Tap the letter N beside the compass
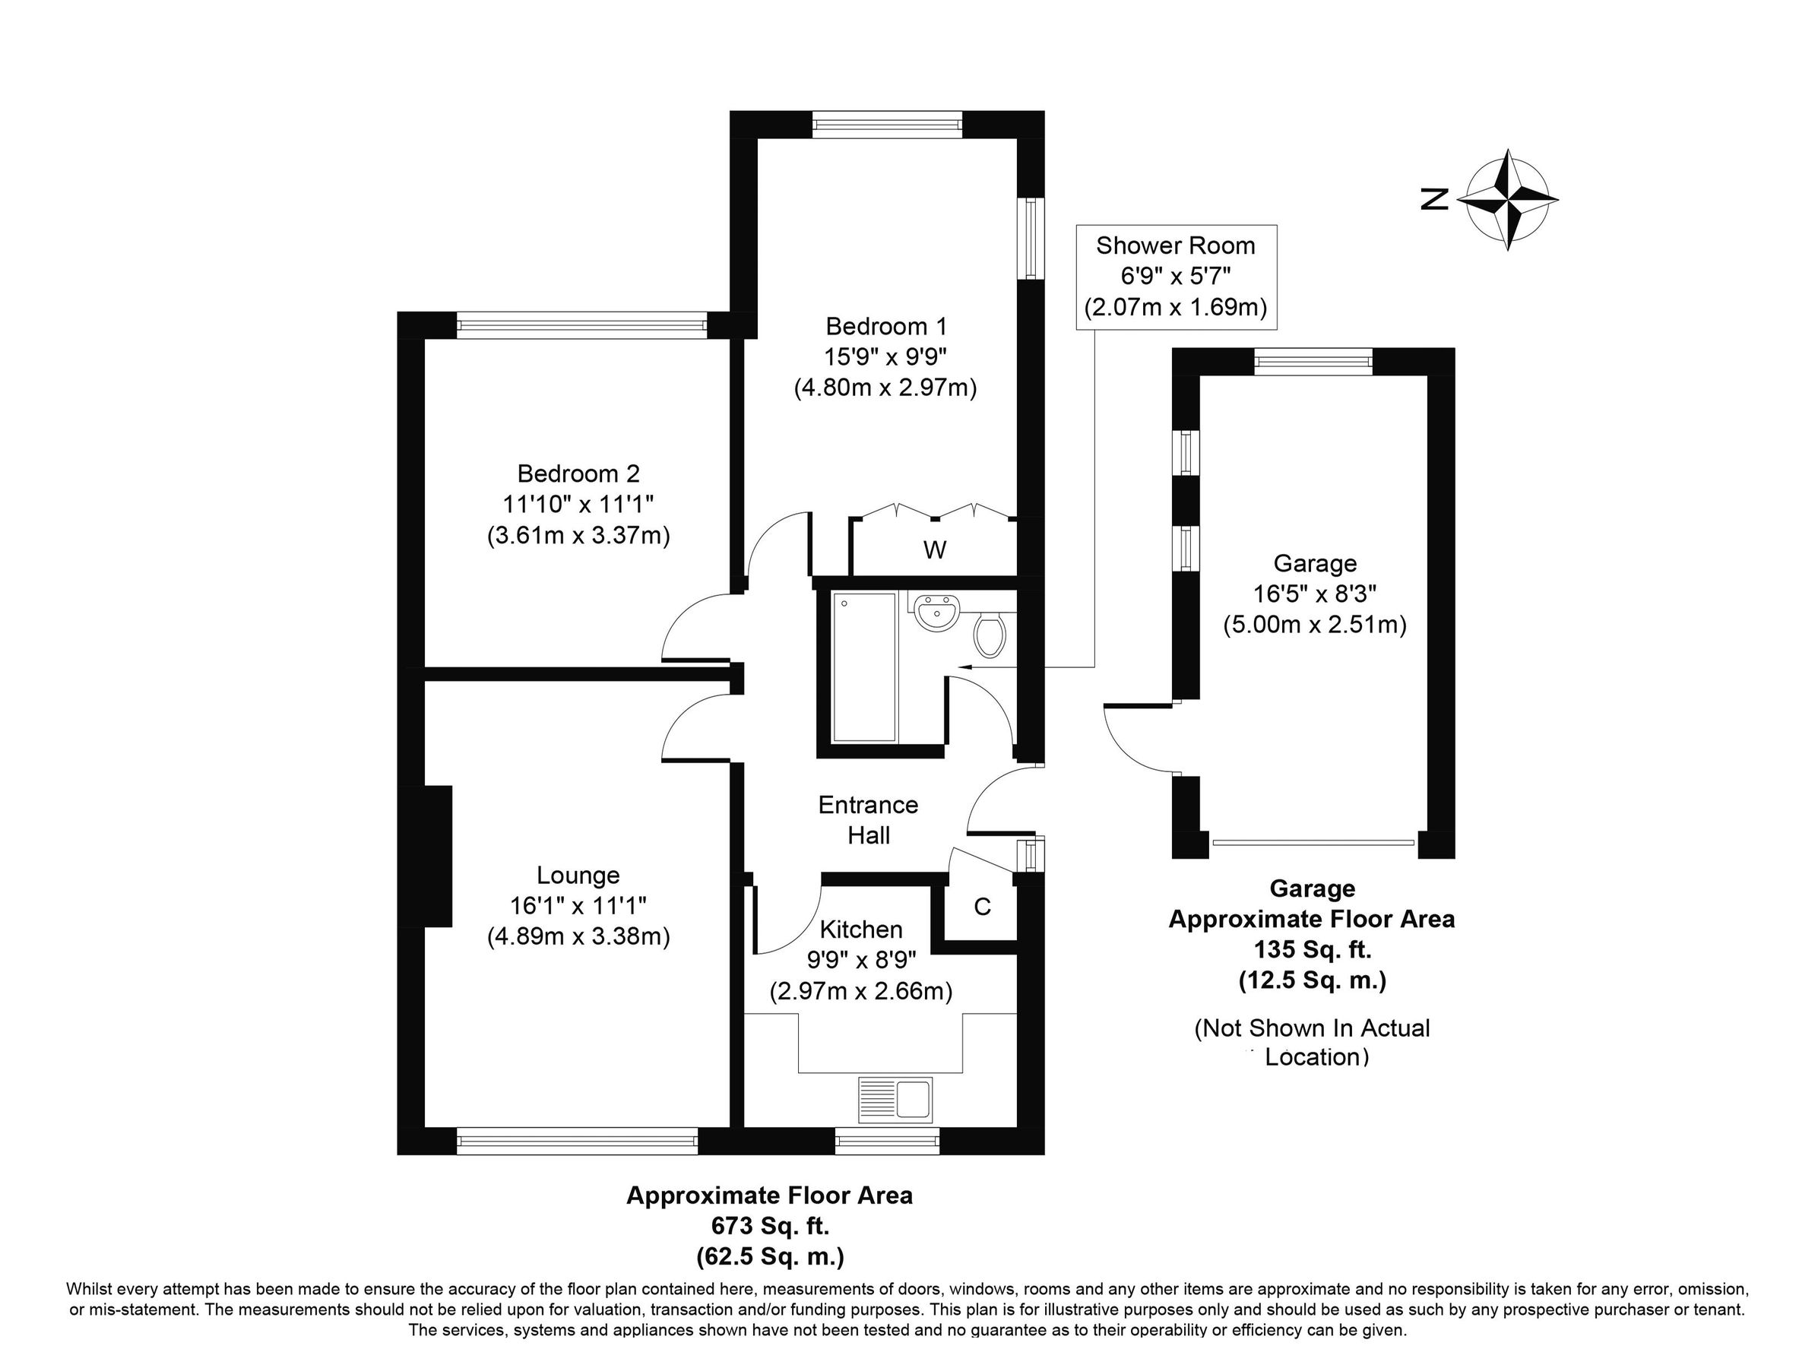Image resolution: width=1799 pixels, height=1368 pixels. click(1435, 199)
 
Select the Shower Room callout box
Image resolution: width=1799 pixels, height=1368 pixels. click(1175, 277)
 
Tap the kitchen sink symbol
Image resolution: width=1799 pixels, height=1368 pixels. click(895, 1098)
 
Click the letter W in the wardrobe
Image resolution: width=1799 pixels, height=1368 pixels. click(934, 550)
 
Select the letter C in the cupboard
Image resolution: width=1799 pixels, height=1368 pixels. click(982, 906)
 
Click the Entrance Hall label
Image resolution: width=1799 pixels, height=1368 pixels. click(868, 819)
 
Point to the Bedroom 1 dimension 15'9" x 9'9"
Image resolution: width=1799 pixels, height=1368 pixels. click(886, 357)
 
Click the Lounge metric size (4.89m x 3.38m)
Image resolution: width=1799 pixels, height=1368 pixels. click(578, 937)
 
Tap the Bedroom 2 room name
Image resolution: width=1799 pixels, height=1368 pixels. click(578, 473)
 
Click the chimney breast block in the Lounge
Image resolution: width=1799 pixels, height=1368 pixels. click(437, 856)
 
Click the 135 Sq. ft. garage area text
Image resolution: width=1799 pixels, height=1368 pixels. click(1312, 949)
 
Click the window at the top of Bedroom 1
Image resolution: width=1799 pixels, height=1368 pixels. click(887, 125)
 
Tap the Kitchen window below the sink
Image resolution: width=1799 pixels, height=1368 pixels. click(888, 1141)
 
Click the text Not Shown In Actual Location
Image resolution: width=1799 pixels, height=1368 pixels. click(1312, 1042)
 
